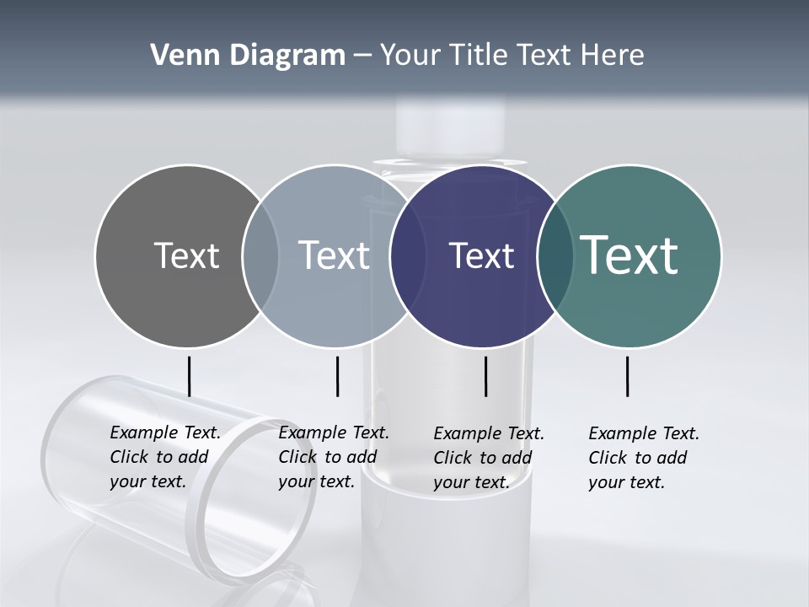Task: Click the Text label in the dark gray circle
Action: tap(186, 255)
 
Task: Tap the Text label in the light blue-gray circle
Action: tap(335, 255)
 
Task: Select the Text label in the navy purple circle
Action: tap(481, 255)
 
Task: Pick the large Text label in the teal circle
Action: tap(630, 255)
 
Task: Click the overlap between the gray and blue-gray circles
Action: tap(260, 255)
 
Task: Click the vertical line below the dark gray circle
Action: tap(189, 376)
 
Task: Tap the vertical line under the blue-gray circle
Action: tap(337, 376)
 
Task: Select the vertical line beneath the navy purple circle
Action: tap(485, 376)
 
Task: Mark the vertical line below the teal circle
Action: tap(627, 376)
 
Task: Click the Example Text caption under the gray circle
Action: tap(165, 457)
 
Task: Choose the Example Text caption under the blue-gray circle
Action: tap(334, 457)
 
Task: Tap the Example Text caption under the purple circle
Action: tap(489, 458)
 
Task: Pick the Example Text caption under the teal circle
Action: tap(644, 458)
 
